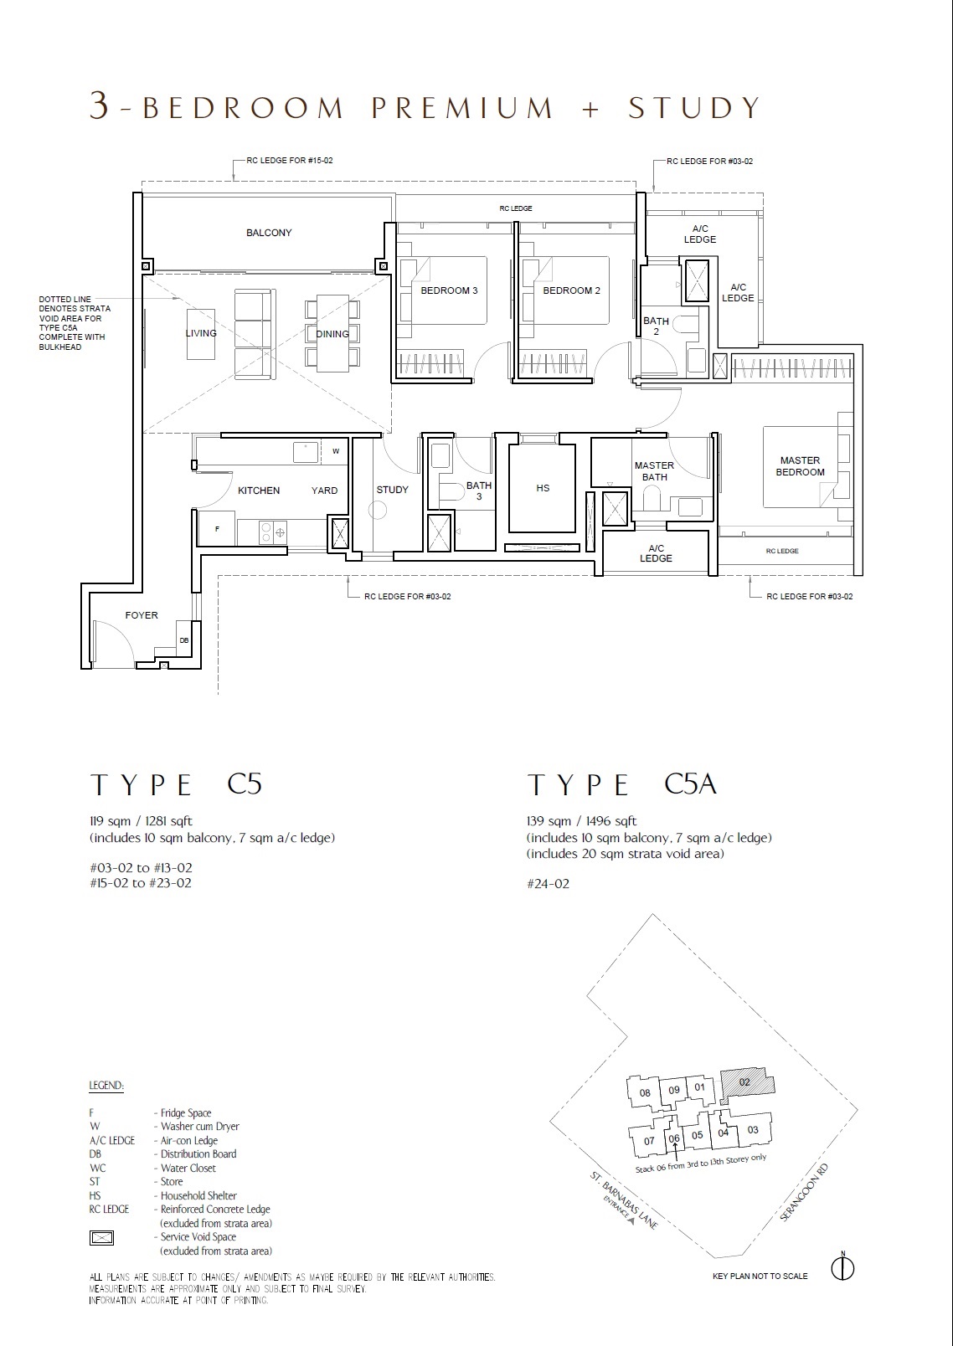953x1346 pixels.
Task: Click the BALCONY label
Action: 269,233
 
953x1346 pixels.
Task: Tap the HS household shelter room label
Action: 543,488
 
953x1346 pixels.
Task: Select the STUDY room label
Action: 392,490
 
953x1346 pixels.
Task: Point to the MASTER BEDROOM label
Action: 800,466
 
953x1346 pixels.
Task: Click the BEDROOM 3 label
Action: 449,290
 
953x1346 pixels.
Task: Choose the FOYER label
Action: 142,615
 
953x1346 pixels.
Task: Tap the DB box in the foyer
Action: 184,640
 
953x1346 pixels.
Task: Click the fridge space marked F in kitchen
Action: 217,528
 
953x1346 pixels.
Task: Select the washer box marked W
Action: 336,451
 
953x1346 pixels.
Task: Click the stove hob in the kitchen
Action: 272,532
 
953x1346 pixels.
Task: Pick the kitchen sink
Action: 306,453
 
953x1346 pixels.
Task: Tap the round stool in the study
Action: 377,511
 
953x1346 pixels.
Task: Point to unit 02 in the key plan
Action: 746,1082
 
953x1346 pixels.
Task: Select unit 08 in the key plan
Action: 645,1092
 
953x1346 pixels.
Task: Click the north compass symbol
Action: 843,1268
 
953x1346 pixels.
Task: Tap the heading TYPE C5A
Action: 622,785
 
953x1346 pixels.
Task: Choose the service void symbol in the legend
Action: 101,1237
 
